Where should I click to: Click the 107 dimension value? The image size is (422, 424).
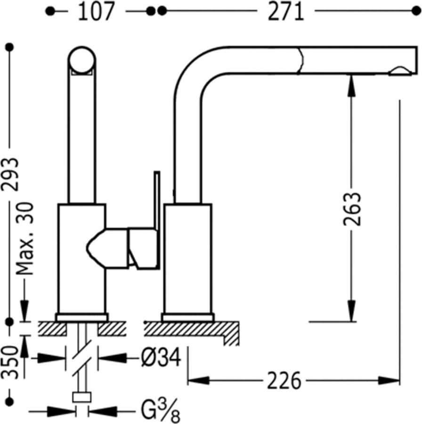click(96, 12)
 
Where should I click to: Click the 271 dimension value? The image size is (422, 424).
click(285, 12)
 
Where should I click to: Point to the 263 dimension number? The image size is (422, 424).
click(352, 208)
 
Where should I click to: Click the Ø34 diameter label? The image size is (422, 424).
click(161, 359)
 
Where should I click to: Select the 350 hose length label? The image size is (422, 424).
click(10, 362)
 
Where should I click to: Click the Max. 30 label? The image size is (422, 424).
click(25, 239)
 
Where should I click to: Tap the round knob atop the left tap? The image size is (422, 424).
click(82, 60)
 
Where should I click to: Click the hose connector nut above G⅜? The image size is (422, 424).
click(81, 397)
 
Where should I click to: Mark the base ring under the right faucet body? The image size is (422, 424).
click(187, 317)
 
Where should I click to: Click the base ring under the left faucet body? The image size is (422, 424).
click(82, 317)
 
